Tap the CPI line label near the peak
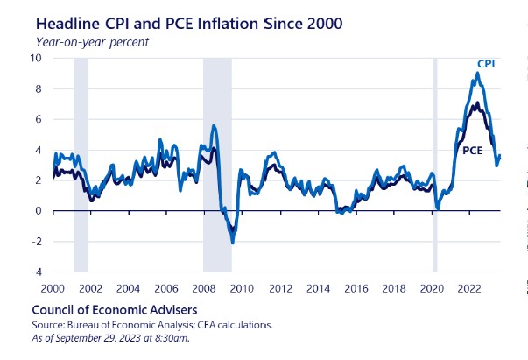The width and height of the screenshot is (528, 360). coord(486,64)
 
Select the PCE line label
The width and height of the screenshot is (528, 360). coord(473,151)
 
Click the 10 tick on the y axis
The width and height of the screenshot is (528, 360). coord(36,58)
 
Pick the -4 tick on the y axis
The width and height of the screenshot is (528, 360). coord(36,272)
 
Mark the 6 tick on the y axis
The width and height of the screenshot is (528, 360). coord(39,119)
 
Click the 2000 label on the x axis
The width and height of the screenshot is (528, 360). coord(52,287)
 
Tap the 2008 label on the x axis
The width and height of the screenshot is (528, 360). coord(204,287)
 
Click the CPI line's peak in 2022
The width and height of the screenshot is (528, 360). coord(475,72)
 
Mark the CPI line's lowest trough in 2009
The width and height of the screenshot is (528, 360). coord(232,243)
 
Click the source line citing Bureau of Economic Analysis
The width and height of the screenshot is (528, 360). coord(151,325)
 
